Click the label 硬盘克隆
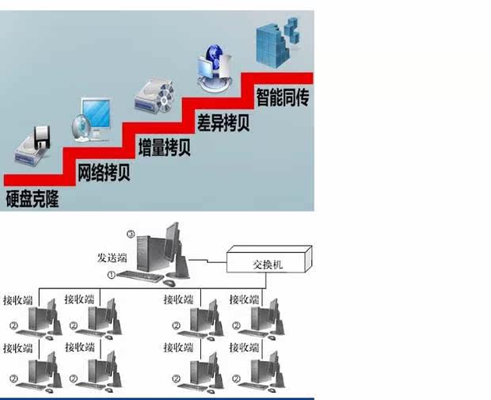[32, 198]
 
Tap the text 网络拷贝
[104, 173]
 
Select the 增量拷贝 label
[164, 148]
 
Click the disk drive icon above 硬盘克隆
[34, 148]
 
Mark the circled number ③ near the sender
[131, 234]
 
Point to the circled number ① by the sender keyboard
[111, 275]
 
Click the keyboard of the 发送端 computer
[139, 277]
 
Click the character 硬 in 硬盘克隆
[12, 198]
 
